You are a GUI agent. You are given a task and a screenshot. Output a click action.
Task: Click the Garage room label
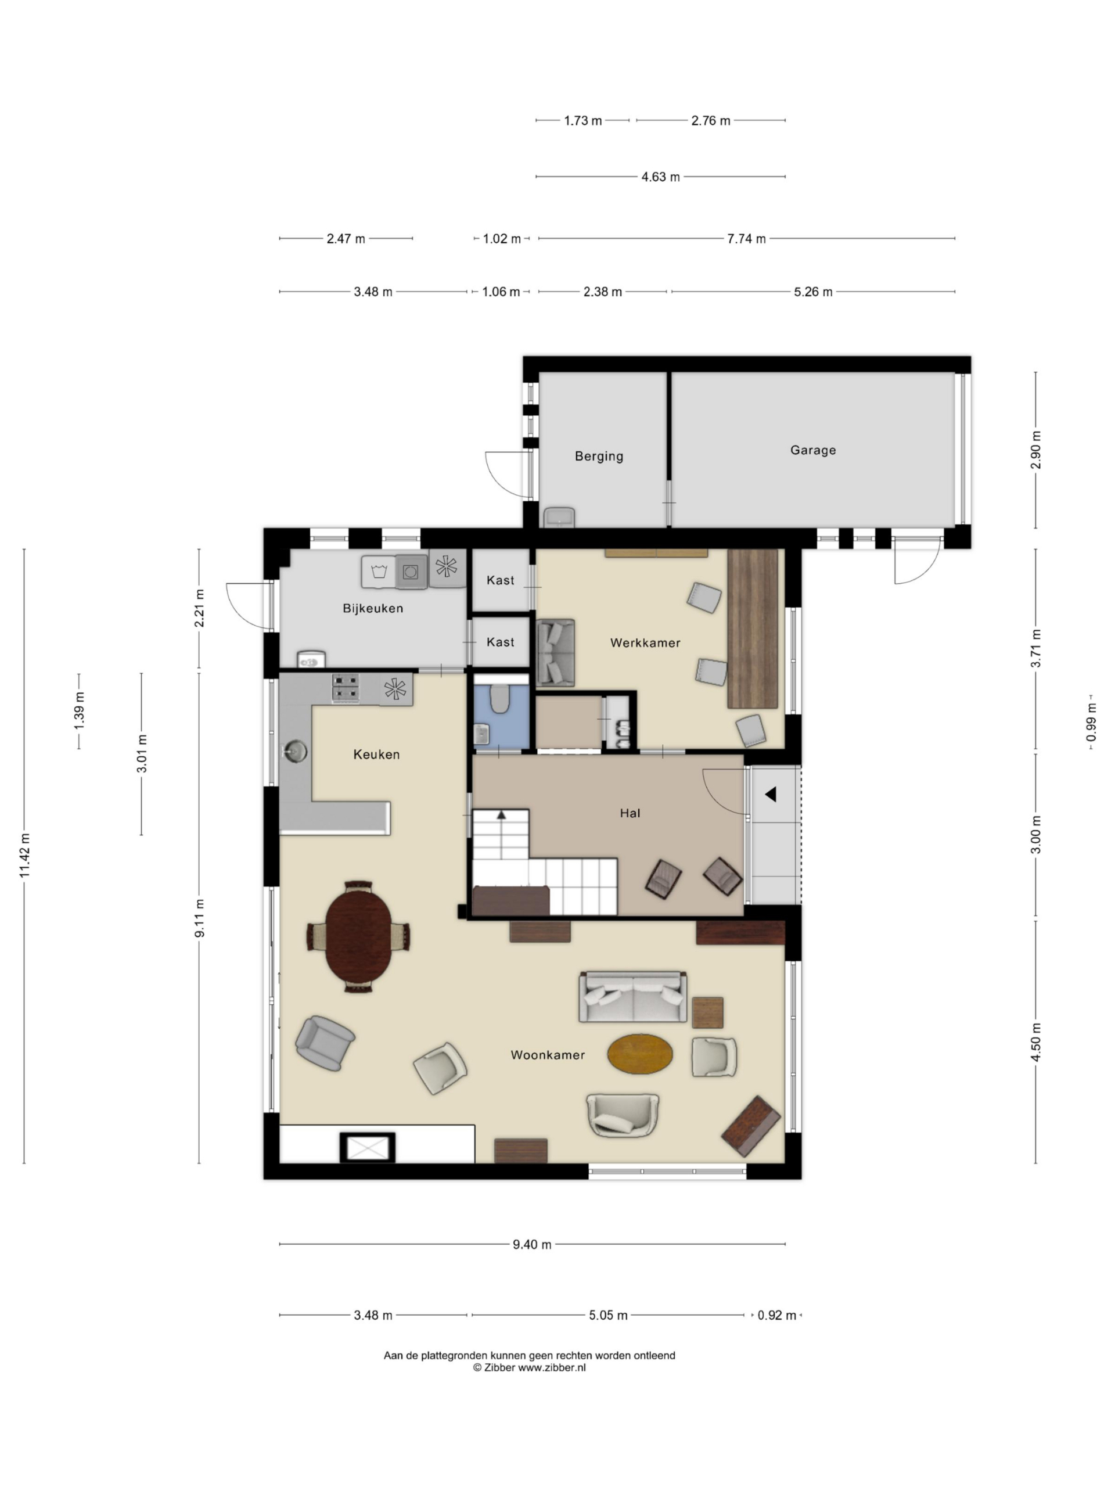[812, 450]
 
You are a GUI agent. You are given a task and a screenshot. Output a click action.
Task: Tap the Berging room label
[599, 457]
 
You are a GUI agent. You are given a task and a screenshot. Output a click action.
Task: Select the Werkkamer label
[645, 642]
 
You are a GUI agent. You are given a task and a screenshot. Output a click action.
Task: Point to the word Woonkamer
[548, 1055]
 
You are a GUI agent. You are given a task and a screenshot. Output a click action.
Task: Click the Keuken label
[376, 755]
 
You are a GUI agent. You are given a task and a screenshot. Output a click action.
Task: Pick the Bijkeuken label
[373, 608]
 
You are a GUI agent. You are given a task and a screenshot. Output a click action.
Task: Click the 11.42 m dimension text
[25, 855]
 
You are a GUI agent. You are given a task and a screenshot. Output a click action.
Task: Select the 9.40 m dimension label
[531, 1244]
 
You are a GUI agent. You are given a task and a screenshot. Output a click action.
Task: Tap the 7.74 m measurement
[746, 239]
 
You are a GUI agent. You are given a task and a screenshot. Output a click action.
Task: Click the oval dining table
[358, 936]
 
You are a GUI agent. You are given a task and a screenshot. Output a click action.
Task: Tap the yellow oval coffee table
[640, 1054]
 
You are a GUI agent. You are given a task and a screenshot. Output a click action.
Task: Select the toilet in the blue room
[499, 698]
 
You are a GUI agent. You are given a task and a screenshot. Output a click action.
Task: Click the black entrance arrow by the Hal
[770, 794]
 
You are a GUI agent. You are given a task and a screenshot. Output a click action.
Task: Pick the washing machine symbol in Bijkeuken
[379, 572]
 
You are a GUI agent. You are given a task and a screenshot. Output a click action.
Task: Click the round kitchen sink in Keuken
[296, 749]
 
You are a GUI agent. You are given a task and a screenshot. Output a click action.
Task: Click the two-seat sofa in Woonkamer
[633, 997]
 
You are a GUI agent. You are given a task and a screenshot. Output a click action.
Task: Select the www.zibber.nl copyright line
[530, 1367]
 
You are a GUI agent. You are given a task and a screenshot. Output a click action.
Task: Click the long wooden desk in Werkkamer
[753, 629]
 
